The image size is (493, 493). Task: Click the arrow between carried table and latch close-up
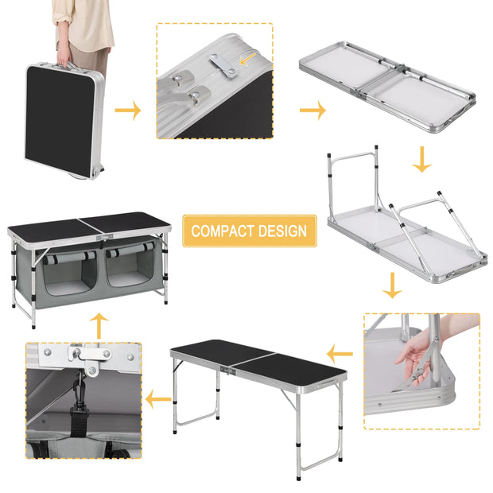(127, 110)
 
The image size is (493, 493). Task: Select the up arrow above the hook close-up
(99, 325)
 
